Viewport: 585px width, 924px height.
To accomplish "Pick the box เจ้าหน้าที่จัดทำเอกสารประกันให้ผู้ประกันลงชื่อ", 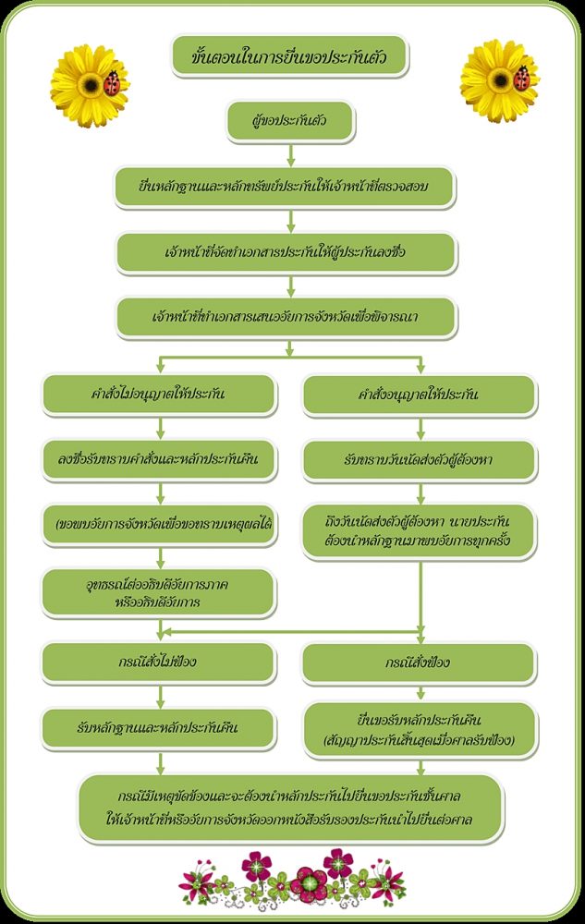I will point(286,252).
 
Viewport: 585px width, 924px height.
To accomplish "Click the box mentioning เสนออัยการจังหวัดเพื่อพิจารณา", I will point(286,317).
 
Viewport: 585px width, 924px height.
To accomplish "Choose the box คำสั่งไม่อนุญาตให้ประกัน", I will point(159,395).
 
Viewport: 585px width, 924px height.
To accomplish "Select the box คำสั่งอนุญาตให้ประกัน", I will point(419,395).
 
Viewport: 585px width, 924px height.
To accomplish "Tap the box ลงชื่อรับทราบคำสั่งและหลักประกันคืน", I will point(159,459).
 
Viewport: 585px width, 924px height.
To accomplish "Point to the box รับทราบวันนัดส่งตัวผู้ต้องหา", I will point(419,459).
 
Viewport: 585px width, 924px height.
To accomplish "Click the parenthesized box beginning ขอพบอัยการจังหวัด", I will point(159,524).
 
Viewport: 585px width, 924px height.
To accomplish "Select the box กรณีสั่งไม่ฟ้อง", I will point(159,663).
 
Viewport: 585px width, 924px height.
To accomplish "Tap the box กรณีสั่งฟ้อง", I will point(419,663).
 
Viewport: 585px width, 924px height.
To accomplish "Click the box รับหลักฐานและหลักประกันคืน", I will point(159,727).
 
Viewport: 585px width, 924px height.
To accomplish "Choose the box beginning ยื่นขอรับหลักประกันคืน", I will point(419,728).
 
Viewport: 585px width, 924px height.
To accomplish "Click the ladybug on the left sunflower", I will point(114,84).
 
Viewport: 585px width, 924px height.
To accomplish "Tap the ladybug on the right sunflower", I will point(521,77).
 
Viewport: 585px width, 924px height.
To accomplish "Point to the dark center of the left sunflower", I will point(91,85).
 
